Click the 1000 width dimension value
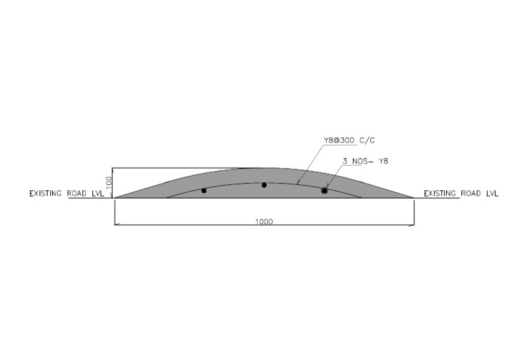(x=264, y=221)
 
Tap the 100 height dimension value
(x=109, y=182)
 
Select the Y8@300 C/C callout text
(x=349, y=141)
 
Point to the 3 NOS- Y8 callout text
(x=365, y=161)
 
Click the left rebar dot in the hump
(x=204, y=190)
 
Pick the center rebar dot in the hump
(x=264, y=185)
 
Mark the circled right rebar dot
(x=324, y=190)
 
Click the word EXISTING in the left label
(x=46, y=194)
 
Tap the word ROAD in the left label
(x=77, y=194)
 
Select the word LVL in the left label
(x=97, y=194)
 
